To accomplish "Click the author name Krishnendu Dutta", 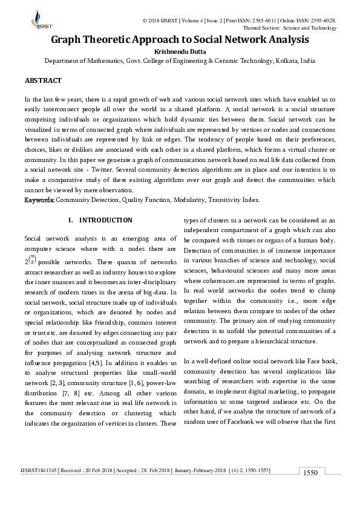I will [180, 51].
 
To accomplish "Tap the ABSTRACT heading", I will [42, 80].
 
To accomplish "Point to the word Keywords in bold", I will [39, 199].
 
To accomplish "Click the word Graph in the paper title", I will [67, 40].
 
